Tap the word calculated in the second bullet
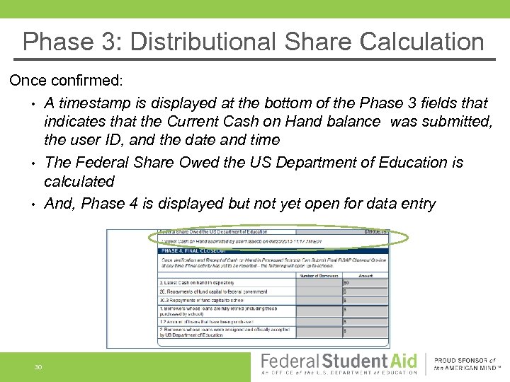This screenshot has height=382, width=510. [x=79, y=181]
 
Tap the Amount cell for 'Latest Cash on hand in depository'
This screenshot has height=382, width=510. [x=365, y=282]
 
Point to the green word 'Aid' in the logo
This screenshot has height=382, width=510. [x=402, y=360]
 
